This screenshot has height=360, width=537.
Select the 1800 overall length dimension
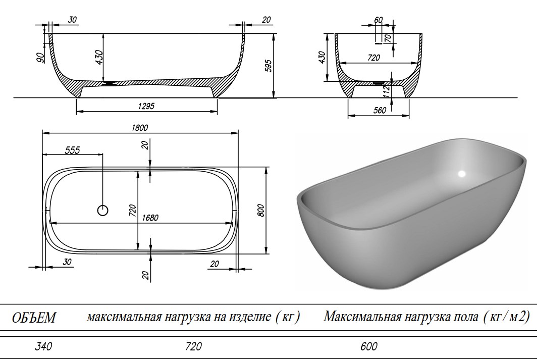(x=140, y=128)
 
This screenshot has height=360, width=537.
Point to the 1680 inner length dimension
(x=150, y=218)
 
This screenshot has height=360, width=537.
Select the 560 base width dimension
(x=379, y=111)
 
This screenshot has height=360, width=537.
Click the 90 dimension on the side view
(x=40, y=57)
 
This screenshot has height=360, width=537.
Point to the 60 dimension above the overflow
(x=379, y=20)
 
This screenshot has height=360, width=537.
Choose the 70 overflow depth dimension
(x=389, y=38)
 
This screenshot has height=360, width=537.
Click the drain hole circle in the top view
(x=102, y=211)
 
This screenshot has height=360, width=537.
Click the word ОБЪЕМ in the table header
(x=34, y=318)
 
